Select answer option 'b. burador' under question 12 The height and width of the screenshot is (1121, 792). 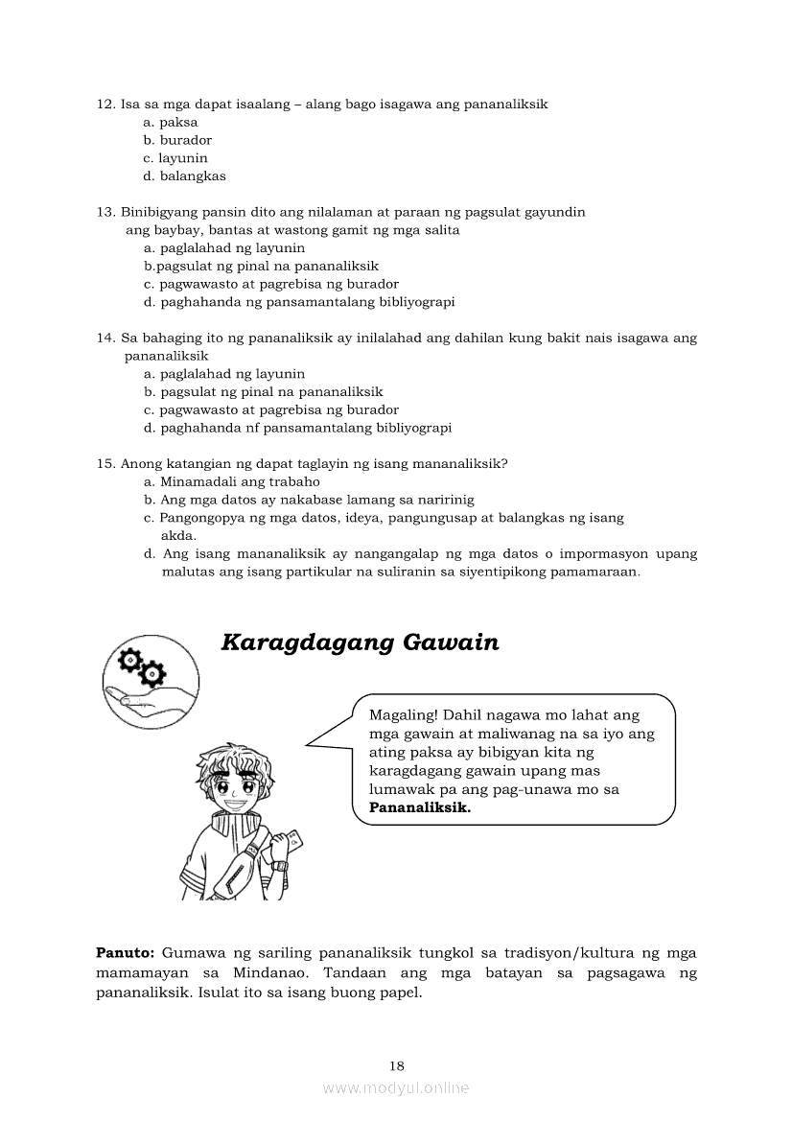[177, 140]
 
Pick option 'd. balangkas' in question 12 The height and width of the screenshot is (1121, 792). [184, 176]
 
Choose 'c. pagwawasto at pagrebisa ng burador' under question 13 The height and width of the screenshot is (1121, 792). [271, 284]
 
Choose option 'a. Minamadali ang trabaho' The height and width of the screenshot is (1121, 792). [231, 482]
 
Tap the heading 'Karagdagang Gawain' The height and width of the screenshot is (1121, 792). [360, 642]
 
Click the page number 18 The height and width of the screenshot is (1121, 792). [397, 1065]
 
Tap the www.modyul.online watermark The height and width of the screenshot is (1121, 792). [396, 1088]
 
